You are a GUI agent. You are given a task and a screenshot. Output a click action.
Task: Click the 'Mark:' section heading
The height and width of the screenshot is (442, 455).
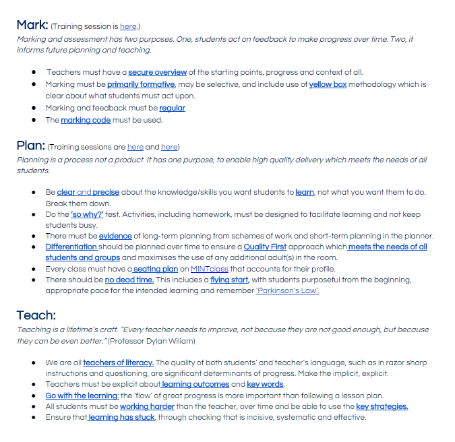coord(32,26)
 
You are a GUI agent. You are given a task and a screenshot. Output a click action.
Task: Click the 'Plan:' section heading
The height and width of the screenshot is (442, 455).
coord(31,146)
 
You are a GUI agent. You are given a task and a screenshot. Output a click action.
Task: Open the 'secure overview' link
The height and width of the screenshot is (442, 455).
coord(158,73)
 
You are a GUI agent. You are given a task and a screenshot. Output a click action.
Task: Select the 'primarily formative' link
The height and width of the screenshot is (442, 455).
coord(141,85)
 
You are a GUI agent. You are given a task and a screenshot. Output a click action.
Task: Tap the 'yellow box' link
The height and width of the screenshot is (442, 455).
coord(328,85)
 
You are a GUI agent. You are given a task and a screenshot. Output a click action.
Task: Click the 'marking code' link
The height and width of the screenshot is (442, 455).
coord(86,121)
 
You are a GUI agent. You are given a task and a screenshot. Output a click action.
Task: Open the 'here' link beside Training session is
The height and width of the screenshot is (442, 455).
coord(128,27)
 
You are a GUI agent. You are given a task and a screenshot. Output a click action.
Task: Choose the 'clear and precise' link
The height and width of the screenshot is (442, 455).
coord(88,193)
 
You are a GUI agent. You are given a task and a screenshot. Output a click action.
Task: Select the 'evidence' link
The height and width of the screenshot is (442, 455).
coord(117,236)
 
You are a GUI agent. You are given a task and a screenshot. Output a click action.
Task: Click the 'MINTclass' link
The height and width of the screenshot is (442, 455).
coord(210,269)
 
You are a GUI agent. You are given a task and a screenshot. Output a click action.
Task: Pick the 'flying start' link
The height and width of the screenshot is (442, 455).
coord(229,280)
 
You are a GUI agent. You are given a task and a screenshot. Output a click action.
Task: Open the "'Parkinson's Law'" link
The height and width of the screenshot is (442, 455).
coord(288,290)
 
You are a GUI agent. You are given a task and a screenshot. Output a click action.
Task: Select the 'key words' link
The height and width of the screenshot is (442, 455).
coord(265,385)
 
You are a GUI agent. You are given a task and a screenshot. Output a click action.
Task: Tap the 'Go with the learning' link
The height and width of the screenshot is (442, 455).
coord(82,396)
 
